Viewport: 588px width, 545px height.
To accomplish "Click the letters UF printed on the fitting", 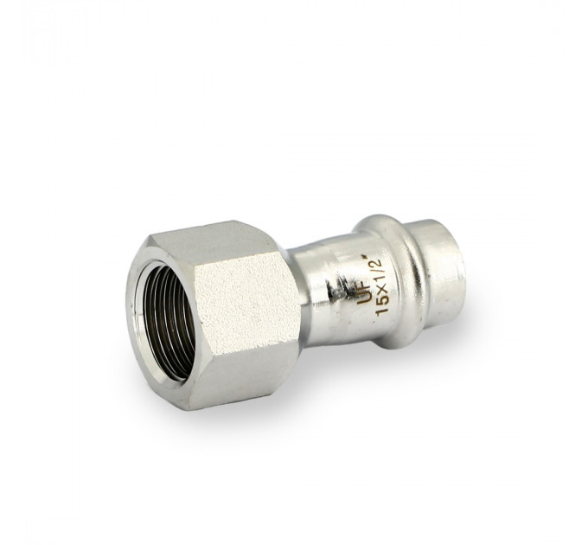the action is pyautogui.click(x=364, y=293).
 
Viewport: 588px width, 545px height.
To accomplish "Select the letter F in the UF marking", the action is pyautogui.click(x=365, y=287).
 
